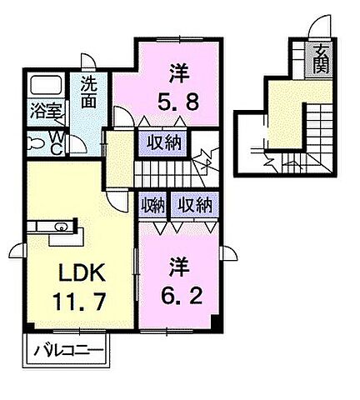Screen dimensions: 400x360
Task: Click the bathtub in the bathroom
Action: (x=46, y=87)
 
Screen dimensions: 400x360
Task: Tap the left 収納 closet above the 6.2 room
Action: (x=152, y=205)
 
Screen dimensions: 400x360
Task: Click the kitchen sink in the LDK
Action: (x=60, y=225)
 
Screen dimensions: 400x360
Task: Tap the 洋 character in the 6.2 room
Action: (x=178, y=268)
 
